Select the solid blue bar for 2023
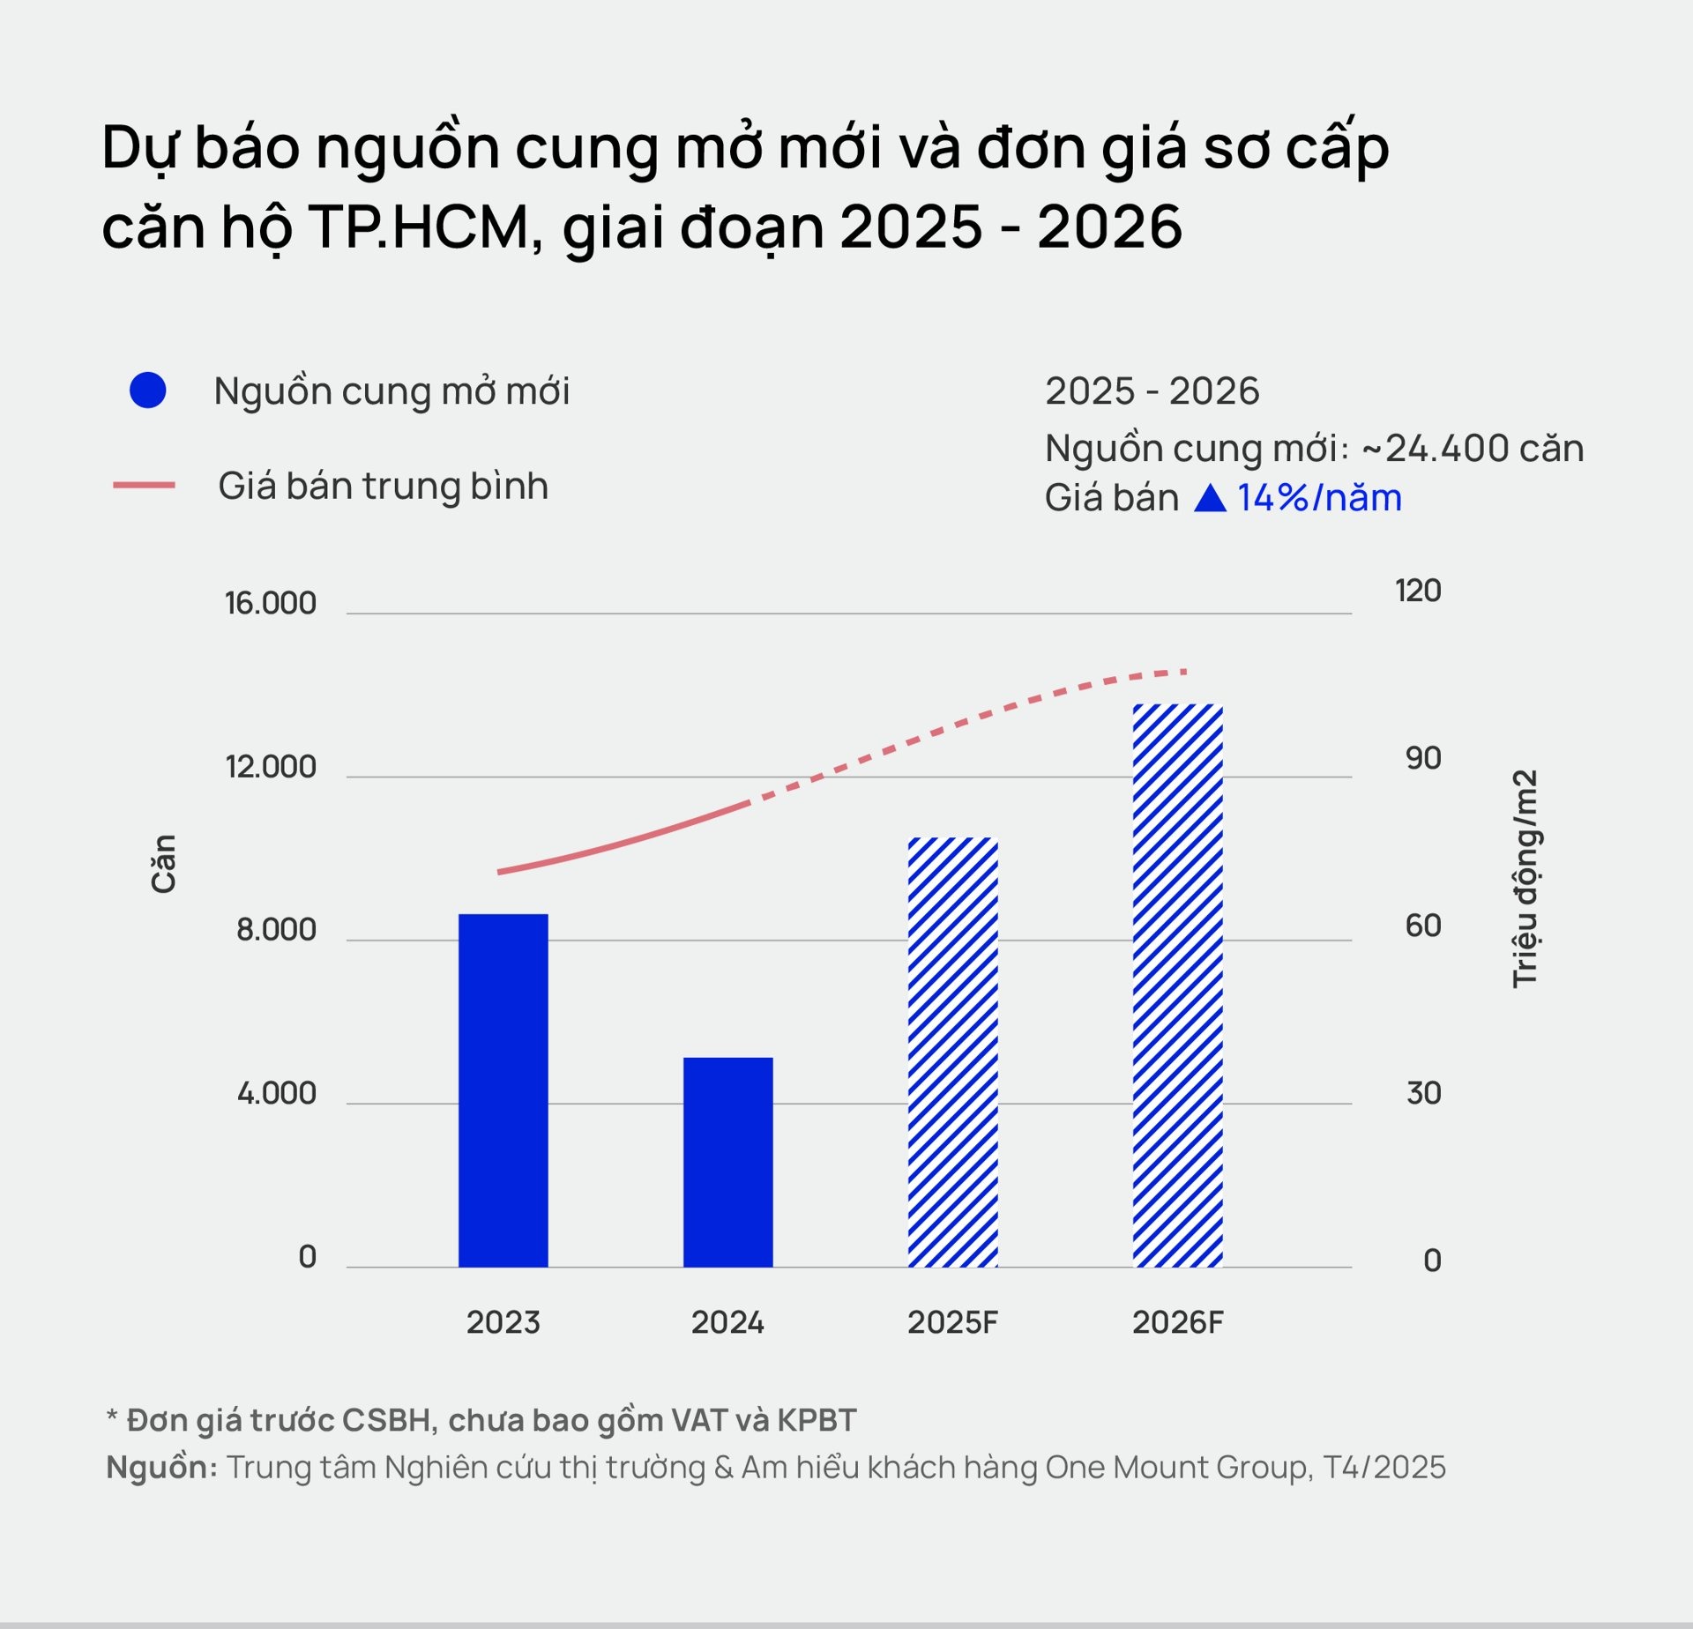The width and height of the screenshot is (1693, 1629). click(503, 1090)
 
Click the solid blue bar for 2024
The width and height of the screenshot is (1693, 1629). click(727, 1162)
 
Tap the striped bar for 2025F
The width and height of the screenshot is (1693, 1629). click(952, 1052)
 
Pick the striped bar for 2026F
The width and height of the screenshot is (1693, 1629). click(1177, 985)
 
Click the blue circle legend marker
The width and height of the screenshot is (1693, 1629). click(148, 391)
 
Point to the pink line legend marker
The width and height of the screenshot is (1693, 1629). click(144, 486)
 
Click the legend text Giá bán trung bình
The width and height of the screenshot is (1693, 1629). click(383, 486)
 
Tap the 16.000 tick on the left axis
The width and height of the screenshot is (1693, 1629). click(270, 603)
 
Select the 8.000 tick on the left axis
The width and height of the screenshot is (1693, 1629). click(276, 930)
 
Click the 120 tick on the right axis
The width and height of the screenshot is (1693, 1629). click(1417, 591)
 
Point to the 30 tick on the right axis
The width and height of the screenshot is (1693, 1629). click(1422, 1093)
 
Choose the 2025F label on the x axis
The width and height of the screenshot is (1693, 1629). click(952, 1322)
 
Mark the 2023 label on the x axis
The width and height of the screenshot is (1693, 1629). click(503, 1322)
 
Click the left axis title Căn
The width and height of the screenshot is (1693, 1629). click(163, 864)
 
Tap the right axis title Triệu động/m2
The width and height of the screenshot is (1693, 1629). click(1525, 878)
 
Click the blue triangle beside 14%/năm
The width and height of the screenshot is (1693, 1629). click(1210, 499)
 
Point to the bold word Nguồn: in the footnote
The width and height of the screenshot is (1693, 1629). click(161, 1467)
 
